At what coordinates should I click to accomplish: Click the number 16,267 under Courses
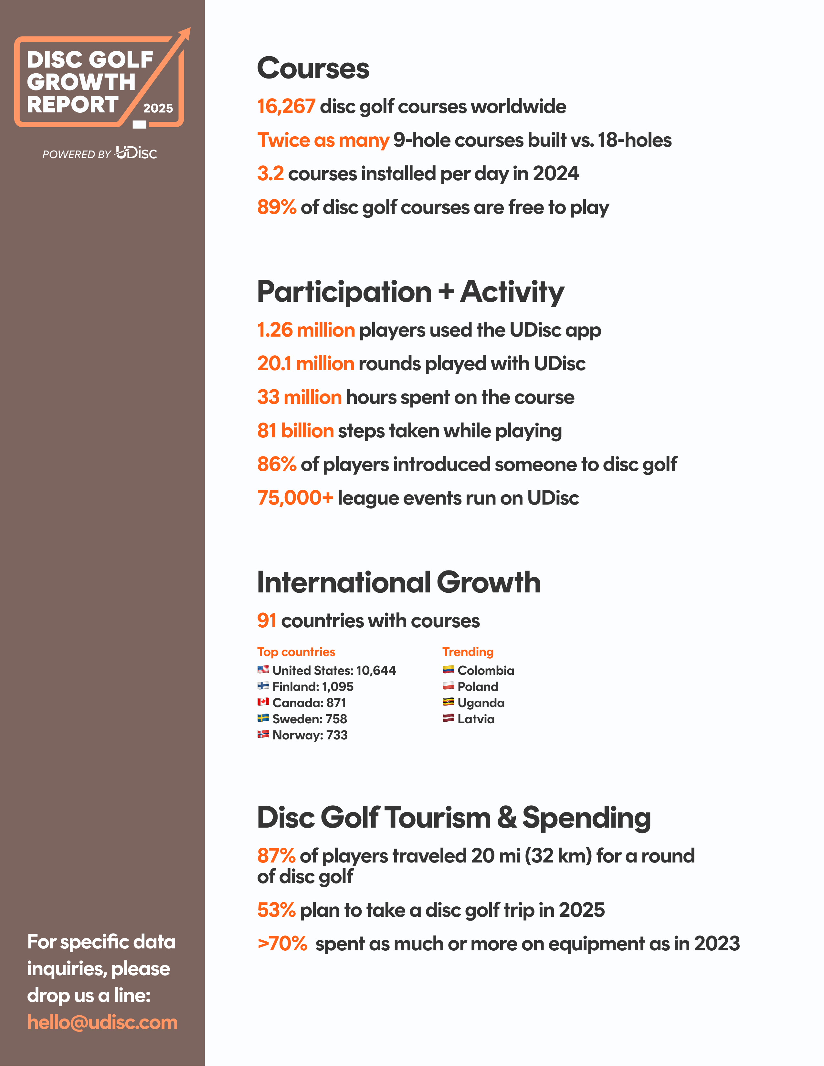286,106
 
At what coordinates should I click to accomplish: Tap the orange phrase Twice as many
323,140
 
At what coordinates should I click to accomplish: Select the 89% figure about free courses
276,207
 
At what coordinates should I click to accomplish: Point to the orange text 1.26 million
306,330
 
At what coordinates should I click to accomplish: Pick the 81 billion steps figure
295,431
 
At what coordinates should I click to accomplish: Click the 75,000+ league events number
295,498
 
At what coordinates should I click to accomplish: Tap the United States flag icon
263,669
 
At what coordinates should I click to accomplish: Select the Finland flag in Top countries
263,686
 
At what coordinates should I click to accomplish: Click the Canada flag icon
263,702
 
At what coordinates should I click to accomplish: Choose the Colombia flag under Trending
448,669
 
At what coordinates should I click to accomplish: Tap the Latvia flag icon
448,718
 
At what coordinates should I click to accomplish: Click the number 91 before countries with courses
267,620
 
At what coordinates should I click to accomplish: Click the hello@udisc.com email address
102,1021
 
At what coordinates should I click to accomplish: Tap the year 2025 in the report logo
158,108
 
